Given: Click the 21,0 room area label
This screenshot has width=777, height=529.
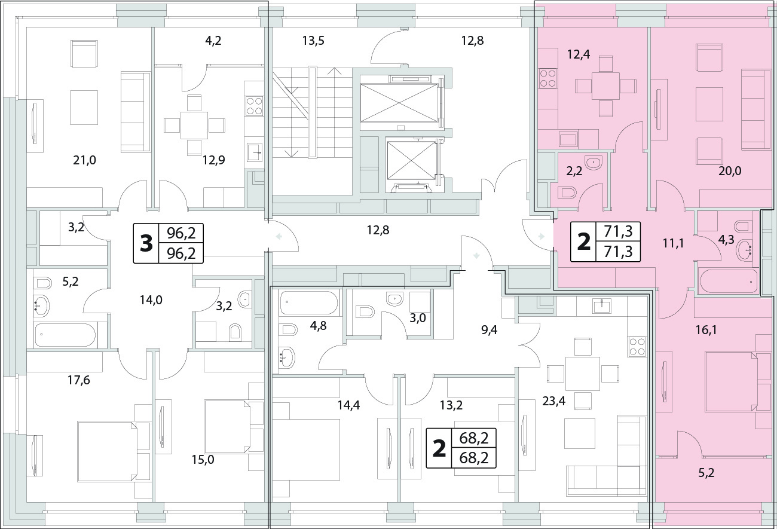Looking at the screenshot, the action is tap(84, 160).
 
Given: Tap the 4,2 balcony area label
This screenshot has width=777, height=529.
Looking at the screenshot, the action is tap(213, 41).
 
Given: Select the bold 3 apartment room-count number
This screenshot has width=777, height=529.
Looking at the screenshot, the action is tap(146, 243).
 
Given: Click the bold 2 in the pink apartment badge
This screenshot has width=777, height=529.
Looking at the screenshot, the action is tap(583, 241).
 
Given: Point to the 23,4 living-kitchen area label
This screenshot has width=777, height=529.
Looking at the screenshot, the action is tap(554, 401).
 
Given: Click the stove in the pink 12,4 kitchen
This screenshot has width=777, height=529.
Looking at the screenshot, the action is tap(547, 78).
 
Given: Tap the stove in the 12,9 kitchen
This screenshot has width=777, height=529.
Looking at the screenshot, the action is tap(254, 106).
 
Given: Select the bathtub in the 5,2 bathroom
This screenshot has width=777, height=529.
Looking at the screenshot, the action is tap(65, 335).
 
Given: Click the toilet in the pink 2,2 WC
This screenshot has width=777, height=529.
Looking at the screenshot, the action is tap(567, 193).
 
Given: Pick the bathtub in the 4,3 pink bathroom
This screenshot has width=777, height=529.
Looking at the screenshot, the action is tap(729, 282).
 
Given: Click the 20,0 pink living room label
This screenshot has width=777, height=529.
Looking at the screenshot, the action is tap(730, 171).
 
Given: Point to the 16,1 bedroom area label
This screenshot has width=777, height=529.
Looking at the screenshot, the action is tap(706, 330).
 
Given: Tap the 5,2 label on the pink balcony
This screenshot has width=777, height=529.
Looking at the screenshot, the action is tap(706, 473).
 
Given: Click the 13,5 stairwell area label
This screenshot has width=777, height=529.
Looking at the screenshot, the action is tap(313, 41).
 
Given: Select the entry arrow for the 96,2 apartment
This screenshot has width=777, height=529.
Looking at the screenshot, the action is tap(279, 237).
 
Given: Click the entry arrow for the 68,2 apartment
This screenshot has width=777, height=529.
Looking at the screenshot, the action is tap(476, 256).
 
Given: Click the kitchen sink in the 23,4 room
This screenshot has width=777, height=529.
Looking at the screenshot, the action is tap(601, 305).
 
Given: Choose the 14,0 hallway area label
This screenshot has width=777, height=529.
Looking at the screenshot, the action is tap(151, 299).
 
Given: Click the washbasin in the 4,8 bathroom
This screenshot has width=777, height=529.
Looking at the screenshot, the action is tap(287, 357).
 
